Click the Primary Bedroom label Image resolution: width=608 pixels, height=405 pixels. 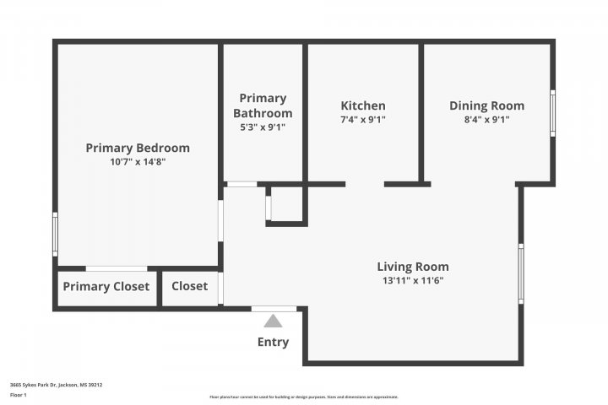click(138, 148)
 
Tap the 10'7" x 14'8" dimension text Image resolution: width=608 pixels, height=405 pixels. click(138, 162)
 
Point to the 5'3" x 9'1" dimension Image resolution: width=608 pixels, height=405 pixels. click(263, 127)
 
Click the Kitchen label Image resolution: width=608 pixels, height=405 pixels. click(363, 105)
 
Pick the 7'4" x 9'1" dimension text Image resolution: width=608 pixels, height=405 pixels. click(363, 120)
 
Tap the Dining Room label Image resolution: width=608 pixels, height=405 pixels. click(486, 105)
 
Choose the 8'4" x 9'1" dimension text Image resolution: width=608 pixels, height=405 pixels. click(486, 120)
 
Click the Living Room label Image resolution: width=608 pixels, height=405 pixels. click(413, 267)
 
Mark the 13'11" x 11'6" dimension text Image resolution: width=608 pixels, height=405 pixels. click(413, 281)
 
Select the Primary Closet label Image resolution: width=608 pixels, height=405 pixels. click(106, 286)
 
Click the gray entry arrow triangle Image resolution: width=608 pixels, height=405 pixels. click(273, 321)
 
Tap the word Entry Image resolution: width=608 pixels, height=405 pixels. click(273, 342)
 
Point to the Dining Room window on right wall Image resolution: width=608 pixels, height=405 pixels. click(553, 113)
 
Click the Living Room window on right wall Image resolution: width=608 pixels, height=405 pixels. click(521, 273)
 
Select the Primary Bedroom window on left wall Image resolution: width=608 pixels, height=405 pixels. click(56, 234)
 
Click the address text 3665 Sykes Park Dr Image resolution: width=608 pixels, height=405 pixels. click(56, 384)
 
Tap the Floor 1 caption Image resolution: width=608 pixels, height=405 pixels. click(19, 394)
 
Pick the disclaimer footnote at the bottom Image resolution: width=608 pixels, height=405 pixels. click(303, 397)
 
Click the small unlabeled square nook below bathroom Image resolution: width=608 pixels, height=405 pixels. click(285, 204)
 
